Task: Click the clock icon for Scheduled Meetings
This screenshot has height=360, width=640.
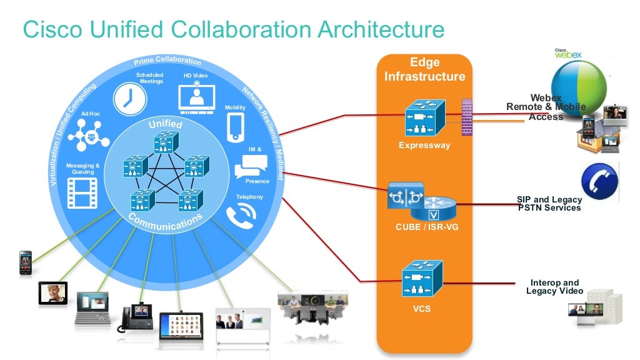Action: [129, 99]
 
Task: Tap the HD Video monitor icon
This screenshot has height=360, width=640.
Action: [196, 97]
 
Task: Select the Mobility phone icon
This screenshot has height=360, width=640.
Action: [235, 127]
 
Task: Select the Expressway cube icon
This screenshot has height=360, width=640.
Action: [424, 118]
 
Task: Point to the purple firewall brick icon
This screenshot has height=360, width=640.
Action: [466, 117]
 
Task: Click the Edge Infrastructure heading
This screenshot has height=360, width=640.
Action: [424, 69]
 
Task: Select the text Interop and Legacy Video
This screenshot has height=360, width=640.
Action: [554, 287]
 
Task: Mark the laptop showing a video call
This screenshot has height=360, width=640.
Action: [92, 308]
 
